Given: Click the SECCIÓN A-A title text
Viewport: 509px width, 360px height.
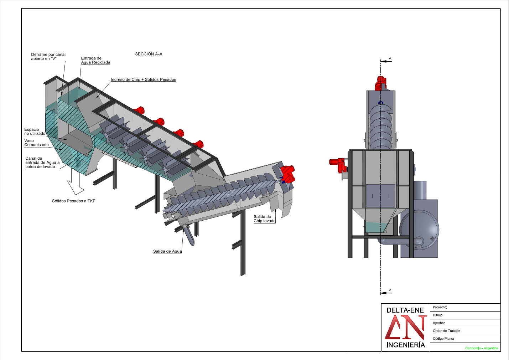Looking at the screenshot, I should pos(149,54).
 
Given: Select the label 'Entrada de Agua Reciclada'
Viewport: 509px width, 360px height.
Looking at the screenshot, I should pos(95,60).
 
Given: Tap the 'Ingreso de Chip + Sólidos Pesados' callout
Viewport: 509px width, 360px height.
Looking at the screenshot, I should pos(143,79).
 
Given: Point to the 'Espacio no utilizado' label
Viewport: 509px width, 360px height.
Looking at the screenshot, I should pos(35,132).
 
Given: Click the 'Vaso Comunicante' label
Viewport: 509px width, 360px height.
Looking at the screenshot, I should pos(36,143).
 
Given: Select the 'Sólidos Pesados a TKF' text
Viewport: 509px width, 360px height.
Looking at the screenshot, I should pos(74,201).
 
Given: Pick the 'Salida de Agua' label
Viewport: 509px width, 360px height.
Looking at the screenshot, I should pos(167,251).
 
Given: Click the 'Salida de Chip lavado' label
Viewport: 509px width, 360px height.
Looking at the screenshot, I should pos(264,219).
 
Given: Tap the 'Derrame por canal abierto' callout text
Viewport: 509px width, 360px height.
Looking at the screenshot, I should pos(48,56).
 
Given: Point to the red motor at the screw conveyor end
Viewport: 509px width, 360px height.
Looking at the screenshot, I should pos(287,174).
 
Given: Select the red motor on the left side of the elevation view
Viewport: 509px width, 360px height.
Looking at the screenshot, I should pos(338,165).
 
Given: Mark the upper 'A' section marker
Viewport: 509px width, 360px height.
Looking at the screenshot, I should pos(390,59).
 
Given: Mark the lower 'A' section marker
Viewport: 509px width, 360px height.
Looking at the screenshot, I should pos(390,290).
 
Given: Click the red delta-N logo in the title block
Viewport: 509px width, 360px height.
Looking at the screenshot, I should pos(406,327).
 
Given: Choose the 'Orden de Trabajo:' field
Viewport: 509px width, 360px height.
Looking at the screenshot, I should pos(446,331).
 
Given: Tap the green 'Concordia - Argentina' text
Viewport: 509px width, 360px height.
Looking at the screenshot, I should pos(482,348).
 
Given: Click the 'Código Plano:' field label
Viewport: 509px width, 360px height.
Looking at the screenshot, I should pos(443,339).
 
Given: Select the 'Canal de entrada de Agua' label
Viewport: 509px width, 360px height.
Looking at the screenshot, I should pos(42,163).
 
